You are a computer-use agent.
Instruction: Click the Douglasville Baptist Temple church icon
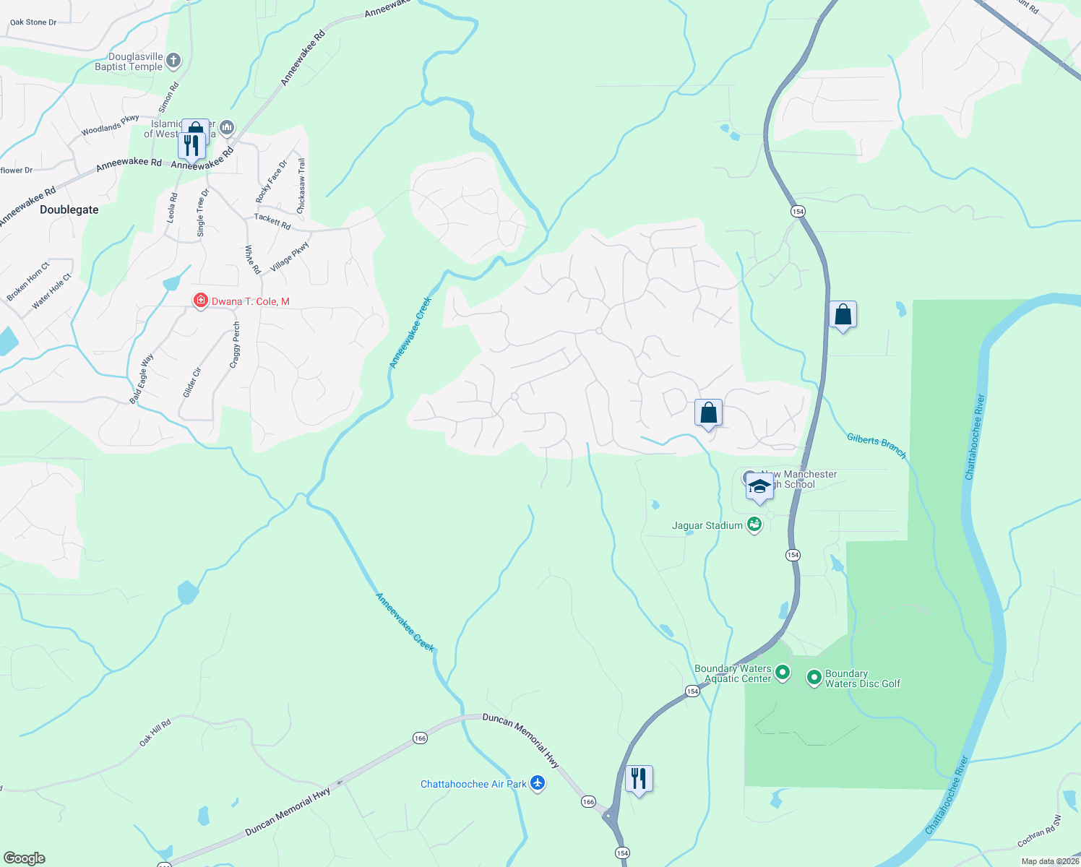point(173,61)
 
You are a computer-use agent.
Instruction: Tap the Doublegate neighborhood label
point(69,210)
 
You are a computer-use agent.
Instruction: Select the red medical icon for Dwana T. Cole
point(200,301)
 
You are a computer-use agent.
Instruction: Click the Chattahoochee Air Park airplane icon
point(537,783)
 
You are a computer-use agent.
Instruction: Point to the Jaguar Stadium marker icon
point(754,525)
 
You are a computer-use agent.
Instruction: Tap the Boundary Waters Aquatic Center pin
point(782,673)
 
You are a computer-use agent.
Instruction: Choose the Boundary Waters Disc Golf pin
point(814,678)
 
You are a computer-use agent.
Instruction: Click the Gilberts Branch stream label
point(876,445)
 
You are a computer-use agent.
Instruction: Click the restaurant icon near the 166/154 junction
point(639,779)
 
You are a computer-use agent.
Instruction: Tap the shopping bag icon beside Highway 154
point(843,315)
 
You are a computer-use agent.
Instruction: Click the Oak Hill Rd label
point(155,732)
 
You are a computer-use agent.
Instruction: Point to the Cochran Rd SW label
point(1039,831)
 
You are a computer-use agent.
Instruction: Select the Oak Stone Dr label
point(33,22)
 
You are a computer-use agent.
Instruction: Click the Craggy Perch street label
point(235,345)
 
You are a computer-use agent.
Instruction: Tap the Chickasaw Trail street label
point(301,186)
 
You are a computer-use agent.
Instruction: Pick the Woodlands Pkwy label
point(110,126)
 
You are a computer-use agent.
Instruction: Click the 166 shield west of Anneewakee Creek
point(420,738)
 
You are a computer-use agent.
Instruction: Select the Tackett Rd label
point(272,221)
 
